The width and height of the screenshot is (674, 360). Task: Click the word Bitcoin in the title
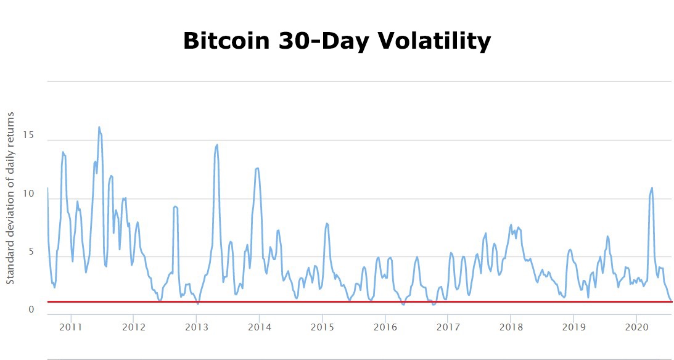225,41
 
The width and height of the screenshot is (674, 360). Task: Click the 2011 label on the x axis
71,326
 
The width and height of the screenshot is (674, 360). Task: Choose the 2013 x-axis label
196,326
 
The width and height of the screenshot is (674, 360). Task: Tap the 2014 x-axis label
259,326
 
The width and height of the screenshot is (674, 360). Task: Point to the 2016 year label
385,326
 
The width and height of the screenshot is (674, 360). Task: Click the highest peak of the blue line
99,128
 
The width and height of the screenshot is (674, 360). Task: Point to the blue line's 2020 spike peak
652,188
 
